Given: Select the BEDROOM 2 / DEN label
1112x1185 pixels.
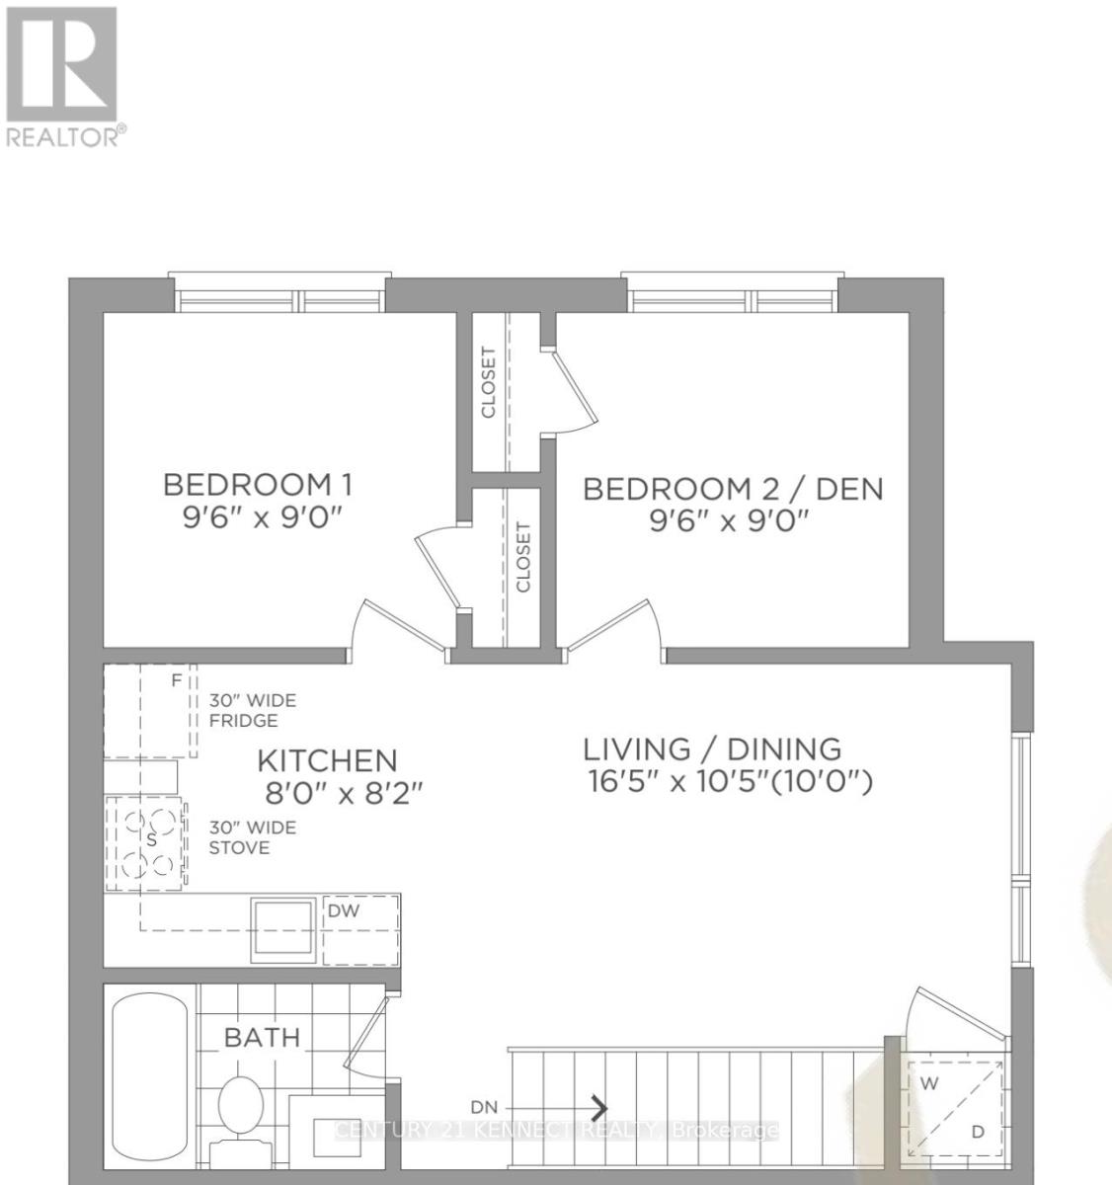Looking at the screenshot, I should [733, 489].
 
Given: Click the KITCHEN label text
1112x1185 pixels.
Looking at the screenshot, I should [327, 760].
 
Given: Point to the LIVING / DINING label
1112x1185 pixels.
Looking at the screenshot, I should [711, 749].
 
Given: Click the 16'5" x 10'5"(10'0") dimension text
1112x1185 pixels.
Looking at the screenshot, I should [730, 783].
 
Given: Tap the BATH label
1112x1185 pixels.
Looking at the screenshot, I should [262, 1037].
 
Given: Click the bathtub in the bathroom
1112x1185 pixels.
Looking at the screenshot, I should [151, 1076].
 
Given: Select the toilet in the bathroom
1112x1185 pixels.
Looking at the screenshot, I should [238, 1111].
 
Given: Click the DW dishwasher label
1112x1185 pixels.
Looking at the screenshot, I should [343, 910].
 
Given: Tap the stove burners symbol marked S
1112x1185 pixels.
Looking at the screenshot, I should [151, 838].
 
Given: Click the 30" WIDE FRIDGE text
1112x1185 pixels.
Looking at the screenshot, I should [252, 710].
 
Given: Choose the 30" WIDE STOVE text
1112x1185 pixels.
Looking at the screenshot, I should [252, 837].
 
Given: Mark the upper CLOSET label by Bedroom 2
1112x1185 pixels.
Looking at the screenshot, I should [488, 382].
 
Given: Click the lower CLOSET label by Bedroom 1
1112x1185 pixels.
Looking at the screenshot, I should [522, 556].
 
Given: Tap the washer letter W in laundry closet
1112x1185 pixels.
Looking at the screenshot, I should [928, 1083].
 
